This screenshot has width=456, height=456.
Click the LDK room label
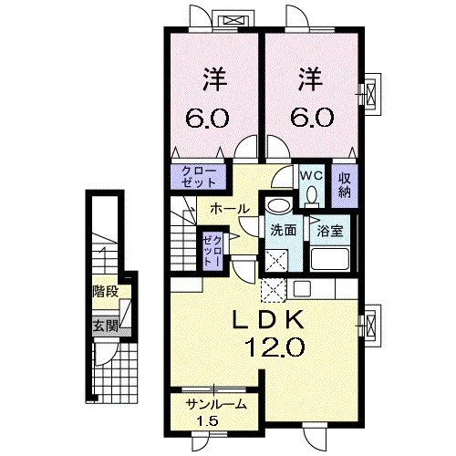(268, 319)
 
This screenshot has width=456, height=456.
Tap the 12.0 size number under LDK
(275, 347)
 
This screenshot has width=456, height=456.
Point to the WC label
(311, 175)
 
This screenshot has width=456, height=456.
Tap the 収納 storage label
(344, 185)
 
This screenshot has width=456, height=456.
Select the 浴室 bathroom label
(330, 232)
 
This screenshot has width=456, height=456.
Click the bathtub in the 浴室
(330, 259)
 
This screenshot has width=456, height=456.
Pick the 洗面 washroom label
(284, 231)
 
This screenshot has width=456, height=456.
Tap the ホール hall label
(230, 209)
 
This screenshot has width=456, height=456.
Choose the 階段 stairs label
(106, 292)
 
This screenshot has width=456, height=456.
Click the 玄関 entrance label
(106, 326)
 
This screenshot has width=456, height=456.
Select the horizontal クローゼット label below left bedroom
(198, 177)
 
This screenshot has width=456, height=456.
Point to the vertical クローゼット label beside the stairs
(212, 252)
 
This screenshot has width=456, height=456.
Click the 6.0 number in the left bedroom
(207, 118)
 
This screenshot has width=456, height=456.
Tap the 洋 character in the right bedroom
(311, 79)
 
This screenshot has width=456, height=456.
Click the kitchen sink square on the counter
(301, 288)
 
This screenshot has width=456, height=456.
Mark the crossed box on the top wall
(233, 21)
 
